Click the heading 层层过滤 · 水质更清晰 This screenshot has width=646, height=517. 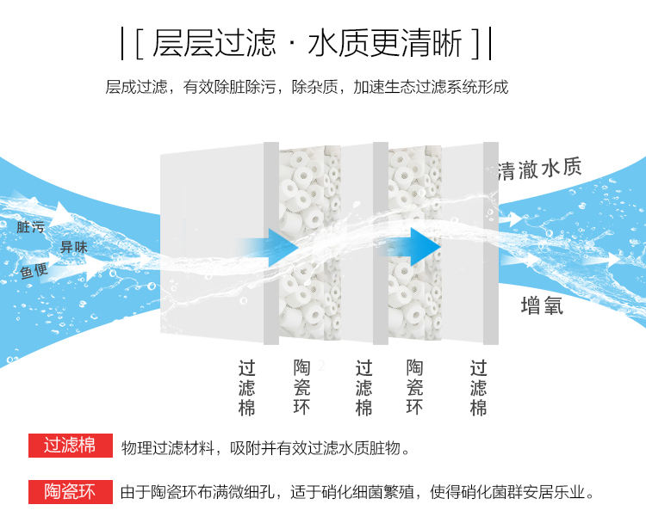tap(307, 43)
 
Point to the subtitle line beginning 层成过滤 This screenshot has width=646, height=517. tap(307, 87)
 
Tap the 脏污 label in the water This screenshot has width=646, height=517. tap(30, 227)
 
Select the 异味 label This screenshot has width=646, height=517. tap(73, 248)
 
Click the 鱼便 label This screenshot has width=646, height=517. tap(34, 272)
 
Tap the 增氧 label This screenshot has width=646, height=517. tap(542, 305)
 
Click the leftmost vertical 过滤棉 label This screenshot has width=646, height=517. tap(247, 387)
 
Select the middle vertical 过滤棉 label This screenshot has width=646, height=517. tap(364, 387)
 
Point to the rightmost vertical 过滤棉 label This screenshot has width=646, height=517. tap(479, 387)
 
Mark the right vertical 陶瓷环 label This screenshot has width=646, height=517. tap(414, 387)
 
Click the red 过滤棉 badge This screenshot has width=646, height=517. tap(70, 446)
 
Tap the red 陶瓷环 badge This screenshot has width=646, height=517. tap(70, 492)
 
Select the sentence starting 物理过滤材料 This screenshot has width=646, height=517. tap(264, 447)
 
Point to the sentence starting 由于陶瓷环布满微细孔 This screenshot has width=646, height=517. tap(357, 493)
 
